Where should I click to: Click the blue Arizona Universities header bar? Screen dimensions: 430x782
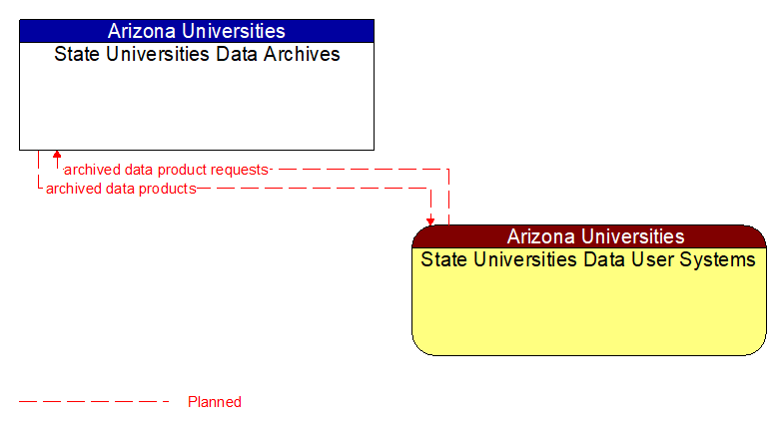point(197,31)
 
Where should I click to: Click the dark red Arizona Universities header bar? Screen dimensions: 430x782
point(589,236)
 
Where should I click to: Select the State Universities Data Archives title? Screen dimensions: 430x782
point(197,54)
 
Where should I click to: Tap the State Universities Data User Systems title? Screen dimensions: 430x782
point(588,260)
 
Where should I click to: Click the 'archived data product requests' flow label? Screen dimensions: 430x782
point(166,170)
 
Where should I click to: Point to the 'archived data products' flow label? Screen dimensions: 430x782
point(121,189)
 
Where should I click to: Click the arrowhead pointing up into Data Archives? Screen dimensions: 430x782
point(57,156)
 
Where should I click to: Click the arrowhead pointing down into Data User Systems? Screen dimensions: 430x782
point(430,220)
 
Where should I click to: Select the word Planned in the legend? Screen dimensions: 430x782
point(215,402)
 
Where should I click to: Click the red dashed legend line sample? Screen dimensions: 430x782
point(95,402)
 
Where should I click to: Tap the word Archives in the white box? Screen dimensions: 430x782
point(303,54)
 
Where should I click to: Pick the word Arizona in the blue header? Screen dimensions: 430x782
point(143,31)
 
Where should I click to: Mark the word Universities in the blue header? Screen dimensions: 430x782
point(235,31)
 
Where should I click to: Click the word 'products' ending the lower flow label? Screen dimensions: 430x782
point(168,189)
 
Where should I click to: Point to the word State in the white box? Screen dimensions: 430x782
point(76,54)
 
